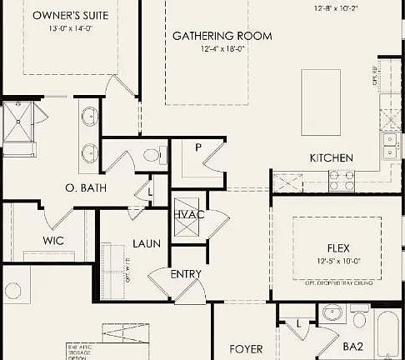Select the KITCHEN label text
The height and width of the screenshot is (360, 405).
coord(331,158)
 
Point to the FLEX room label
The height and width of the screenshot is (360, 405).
coord(337,248)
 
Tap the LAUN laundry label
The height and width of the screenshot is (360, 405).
coord(147,244)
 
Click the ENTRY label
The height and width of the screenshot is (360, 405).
coord(186,274)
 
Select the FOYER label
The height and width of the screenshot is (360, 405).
coord(246,348)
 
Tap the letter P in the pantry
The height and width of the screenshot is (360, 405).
coord(198,147)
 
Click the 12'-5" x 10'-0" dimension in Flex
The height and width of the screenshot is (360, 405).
coord(337,261)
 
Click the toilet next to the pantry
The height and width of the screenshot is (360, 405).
coord(152,155)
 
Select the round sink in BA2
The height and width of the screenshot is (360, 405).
coord(332,315)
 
